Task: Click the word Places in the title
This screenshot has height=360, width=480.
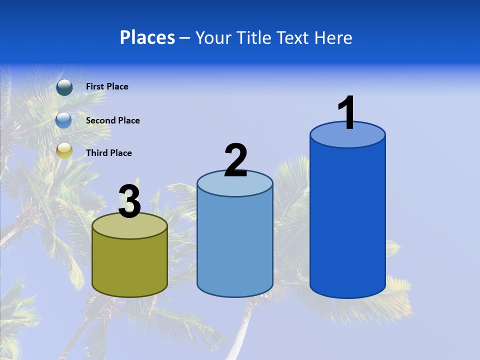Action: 147,37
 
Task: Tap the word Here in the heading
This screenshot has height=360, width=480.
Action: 333,37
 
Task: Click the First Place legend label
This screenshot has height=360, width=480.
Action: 107,86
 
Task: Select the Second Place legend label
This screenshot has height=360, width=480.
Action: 112,120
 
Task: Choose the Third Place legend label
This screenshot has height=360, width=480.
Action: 108,153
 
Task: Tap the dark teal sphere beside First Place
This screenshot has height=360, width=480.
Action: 64,87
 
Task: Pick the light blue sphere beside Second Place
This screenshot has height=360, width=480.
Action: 64,120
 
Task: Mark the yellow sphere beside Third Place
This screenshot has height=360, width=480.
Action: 64,150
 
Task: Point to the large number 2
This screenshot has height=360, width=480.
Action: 235,161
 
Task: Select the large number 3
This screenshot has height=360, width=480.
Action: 129,201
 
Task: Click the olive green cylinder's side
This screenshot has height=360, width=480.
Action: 129,265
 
